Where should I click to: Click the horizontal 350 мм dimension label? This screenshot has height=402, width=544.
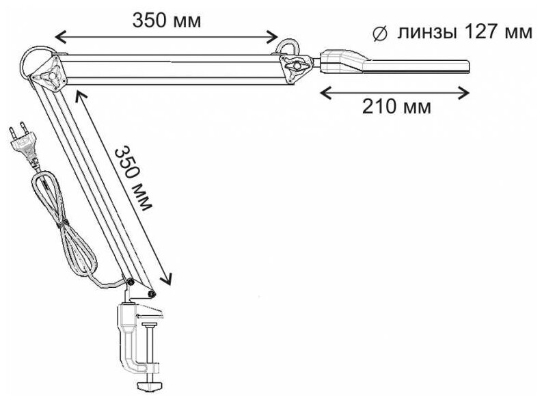tap(167, 20)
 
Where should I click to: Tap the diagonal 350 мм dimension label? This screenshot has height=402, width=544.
tap(135, 176)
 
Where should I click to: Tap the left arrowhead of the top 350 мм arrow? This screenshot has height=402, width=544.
tap(57, 38)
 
